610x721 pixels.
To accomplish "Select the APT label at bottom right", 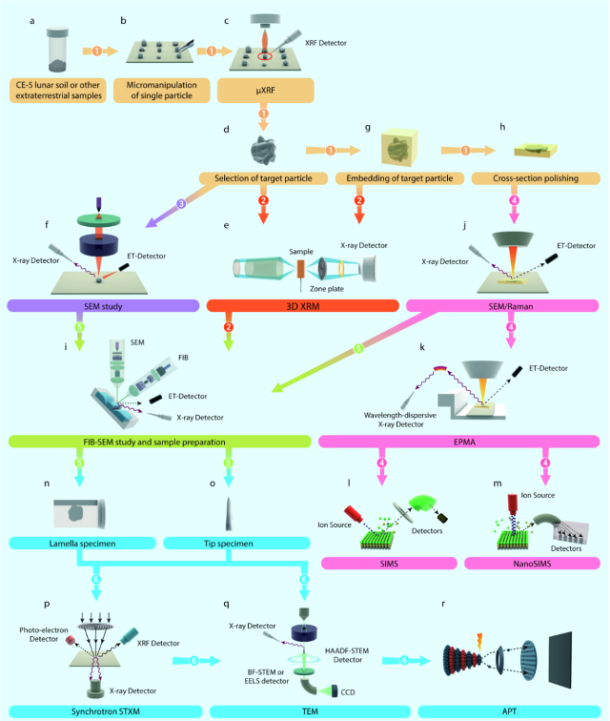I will (511, 711).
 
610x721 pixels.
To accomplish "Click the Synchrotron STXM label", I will (100, 711).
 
